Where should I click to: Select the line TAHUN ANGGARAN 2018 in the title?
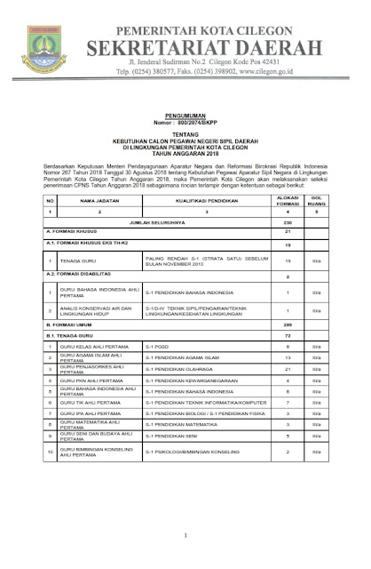click(187, 159)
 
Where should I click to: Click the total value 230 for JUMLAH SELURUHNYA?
click(288, 222)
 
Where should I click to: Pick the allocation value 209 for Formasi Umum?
click(288, 326)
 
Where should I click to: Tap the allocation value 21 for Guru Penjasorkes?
click(288, 367)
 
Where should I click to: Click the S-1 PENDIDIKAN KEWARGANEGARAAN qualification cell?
click(192, 380)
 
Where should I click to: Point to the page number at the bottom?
click(185, 534)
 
